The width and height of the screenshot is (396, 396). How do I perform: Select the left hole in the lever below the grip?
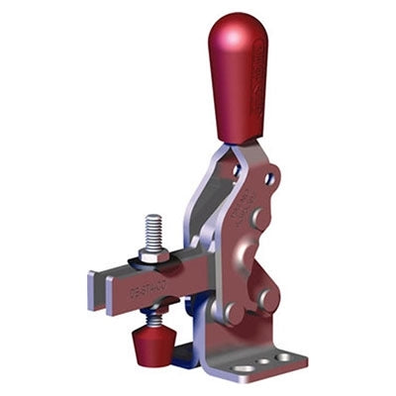pyautogui.click(x=236, y=170)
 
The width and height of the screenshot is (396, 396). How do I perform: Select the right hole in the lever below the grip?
pyautogui.click(x=268, y=179)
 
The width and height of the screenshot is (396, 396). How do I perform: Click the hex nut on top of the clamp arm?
pyautogui.click(x=153, y=254)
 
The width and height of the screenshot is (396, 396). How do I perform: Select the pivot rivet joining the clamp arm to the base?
pyautogui.click(x=233, y=313)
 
